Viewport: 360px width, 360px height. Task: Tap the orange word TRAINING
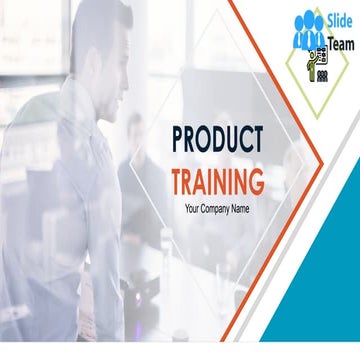coord(217,182)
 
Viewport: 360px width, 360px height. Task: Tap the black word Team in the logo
coord(340,43)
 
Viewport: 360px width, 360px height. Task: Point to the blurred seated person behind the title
coord(135,150)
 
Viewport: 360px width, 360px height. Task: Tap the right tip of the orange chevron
coord(322,160)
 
